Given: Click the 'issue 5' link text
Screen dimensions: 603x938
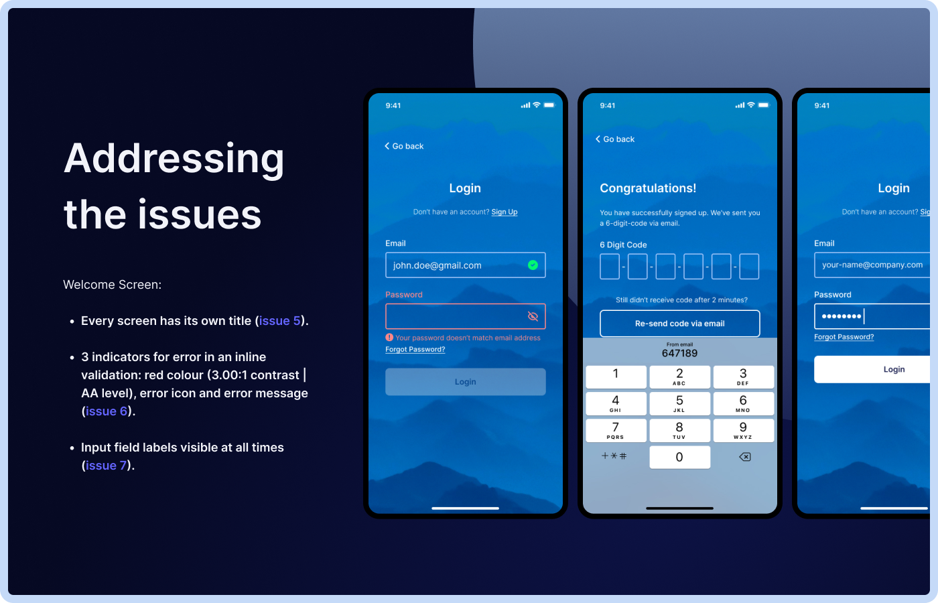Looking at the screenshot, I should [x=280, y=321].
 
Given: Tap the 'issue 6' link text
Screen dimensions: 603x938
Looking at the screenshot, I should [x=107, y=411].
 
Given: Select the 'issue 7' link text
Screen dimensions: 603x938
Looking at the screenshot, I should [x=106, y=466].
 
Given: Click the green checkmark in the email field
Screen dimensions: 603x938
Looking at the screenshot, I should [x=533, y=265].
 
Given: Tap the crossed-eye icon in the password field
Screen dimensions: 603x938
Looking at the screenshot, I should [x=533, y=316].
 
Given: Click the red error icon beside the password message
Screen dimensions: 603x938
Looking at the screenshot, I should [x=389, y=338].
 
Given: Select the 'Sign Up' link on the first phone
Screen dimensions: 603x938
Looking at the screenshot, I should [x=505, y=212].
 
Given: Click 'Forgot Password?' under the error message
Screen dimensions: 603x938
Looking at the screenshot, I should [x=415, y=350].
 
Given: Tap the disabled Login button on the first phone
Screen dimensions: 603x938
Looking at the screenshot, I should [x=466, y=382].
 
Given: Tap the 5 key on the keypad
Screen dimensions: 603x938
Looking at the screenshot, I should [x=679, y=403].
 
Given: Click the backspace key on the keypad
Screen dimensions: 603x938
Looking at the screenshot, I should [x=744, y=457].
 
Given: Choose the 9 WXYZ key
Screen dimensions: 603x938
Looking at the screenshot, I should [x=743, y=430].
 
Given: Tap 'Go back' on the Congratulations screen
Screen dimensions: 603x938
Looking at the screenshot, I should [x=615, y=139].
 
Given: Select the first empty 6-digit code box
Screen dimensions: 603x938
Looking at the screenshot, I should [x=610, y=267].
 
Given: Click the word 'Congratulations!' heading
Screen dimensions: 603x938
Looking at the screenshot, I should [x=648, y=188].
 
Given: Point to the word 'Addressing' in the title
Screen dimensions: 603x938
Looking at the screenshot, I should [x=174, y=159].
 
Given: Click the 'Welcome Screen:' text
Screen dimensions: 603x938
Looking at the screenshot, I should [x=112, y=285].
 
